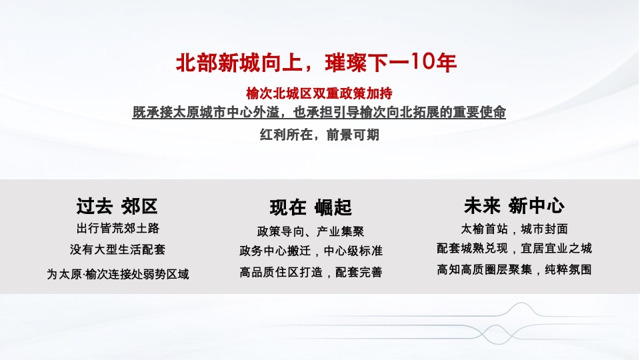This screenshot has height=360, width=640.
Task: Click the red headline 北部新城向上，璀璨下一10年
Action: coord(317,63)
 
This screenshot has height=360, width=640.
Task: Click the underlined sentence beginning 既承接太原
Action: coord(319,112)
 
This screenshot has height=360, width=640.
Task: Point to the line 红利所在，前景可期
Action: coord(319,134)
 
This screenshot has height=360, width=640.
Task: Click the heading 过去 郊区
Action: coord(117,205)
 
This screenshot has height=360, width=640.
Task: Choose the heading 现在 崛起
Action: coord(311,207)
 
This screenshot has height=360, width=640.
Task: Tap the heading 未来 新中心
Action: coord(514,205)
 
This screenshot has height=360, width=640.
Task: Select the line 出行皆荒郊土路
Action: coord(118,228)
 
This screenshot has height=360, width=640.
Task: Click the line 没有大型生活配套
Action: coord(118,250)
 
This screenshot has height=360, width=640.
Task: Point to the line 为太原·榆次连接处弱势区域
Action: coord(118,274)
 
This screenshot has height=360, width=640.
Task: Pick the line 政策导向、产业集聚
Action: coord(311,231)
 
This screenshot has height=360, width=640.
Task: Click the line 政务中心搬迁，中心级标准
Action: coord(311,251)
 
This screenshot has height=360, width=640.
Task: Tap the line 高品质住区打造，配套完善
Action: coord(311,272)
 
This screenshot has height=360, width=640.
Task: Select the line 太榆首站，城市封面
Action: coord(514,229)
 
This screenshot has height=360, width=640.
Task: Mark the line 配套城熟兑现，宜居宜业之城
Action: coord(514,249)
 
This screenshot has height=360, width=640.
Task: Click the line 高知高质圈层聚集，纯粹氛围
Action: coord(514,270)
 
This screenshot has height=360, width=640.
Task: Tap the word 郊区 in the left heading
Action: coord(139,205)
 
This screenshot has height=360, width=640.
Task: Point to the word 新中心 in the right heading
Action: coord(536,205)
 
